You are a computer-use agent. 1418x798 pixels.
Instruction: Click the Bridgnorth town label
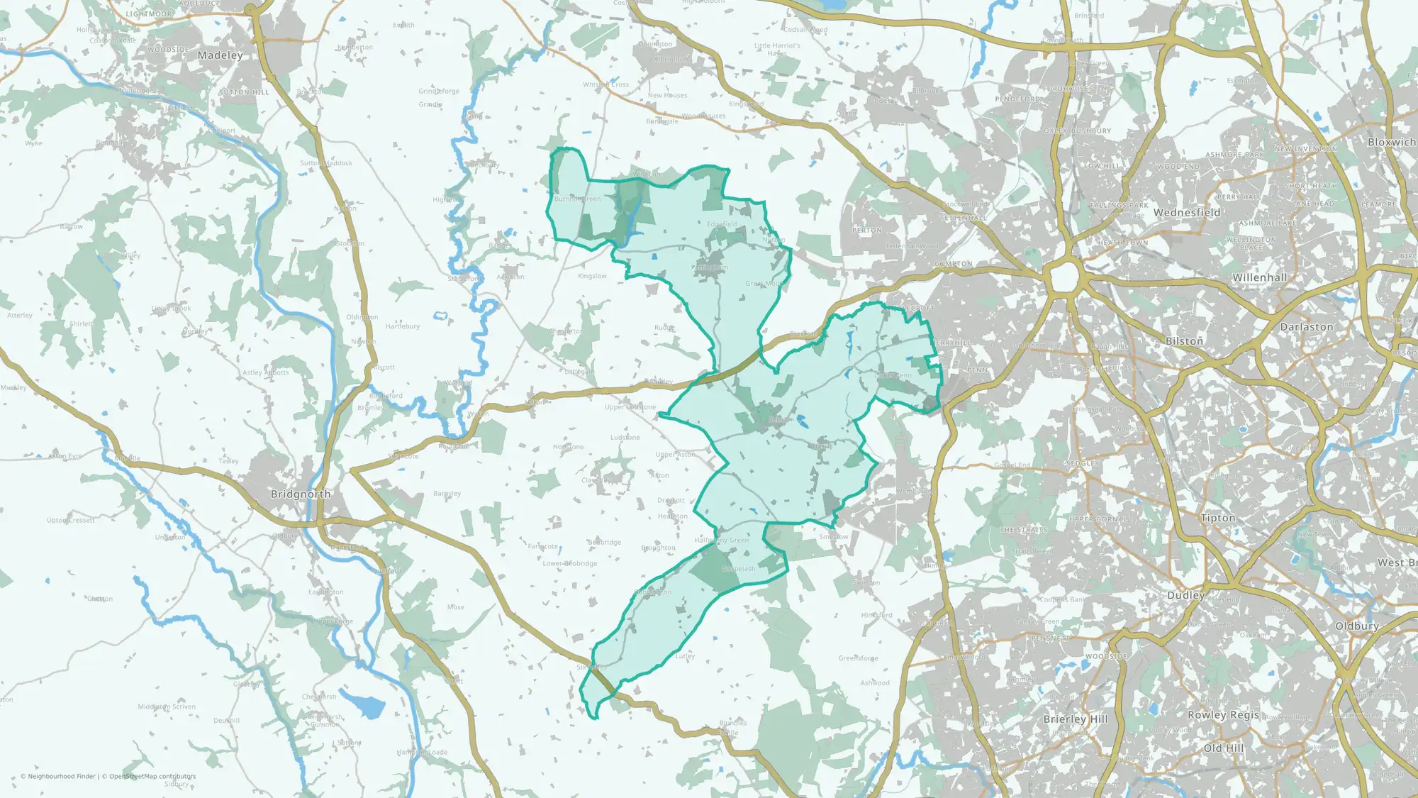click(301, 494)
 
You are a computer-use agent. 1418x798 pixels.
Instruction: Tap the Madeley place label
click(220, 55)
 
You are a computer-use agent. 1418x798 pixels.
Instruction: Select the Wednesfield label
click(1187, 212)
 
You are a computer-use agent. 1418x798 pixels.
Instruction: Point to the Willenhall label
click(1260, 277)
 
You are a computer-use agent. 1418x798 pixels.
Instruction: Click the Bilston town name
click(1184, 341)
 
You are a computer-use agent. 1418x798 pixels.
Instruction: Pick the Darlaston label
click(1307, 327)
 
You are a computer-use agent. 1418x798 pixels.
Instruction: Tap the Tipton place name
click(1218, 518)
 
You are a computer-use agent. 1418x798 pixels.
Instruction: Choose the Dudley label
click(1185, 595)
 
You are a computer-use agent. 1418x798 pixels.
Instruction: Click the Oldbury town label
click(1357, 626)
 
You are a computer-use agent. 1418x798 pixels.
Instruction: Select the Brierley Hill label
click(1076, 719)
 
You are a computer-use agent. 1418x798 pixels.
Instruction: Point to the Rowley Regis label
click(1223, 715)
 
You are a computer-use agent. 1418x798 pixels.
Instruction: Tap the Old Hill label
click(1224, 748)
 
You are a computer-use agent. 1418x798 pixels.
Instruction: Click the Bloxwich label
click(1391, 142)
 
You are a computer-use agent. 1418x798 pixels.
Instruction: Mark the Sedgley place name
click(1083, 463)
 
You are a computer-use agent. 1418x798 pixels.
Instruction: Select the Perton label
click(867, 231)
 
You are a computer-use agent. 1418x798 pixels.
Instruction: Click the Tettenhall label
click(963, 218)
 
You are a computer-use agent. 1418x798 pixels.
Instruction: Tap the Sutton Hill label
click(244, 92)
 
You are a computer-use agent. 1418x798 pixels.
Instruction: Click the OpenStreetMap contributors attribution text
click(152, 776)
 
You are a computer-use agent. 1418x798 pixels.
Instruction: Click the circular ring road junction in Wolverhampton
click(1064, 277)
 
